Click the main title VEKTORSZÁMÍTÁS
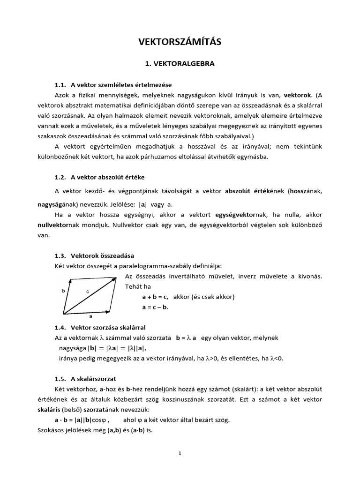coord(180,42)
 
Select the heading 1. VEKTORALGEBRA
coord(180,64)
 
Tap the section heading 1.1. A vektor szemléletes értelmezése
coord(113,85)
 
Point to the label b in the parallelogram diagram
coord(63,291)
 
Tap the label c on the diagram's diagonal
coord(87,292)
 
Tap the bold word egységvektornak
coord(241,215)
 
